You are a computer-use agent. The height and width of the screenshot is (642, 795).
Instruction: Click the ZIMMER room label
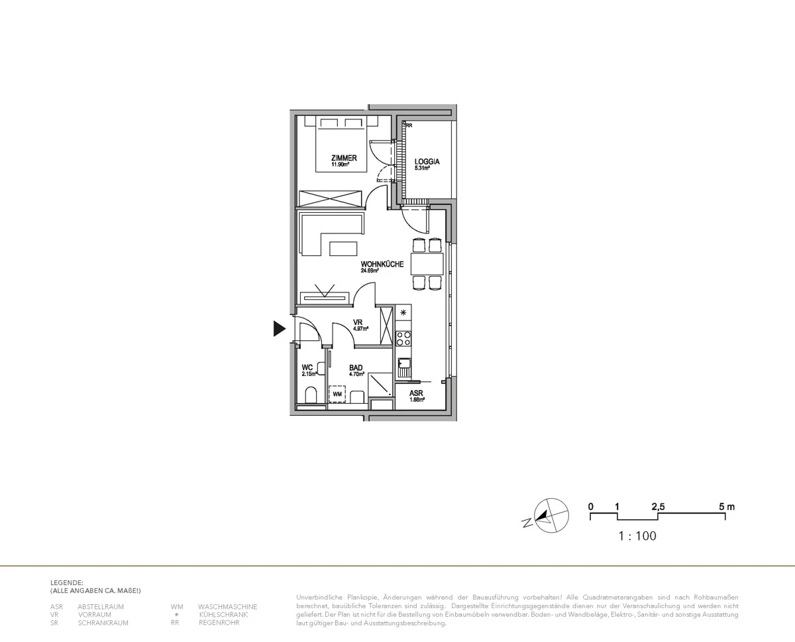[344, 158]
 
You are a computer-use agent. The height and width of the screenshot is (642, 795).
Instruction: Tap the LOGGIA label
[427, 162]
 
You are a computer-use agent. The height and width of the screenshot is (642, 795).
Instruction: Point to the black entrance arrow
[280, 328]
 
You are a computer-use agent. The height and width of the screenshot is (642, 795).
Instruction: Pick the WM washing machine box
[338, 395]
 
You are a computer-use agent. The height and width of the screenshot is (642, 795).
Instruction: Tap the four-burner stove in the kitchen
[403, 339]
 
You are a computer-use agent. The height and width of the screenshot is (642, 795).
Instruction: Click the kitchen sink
[403, 363]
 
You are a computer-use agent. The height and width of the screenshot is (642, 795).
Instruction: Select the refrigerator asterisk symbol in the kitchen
[403, 312]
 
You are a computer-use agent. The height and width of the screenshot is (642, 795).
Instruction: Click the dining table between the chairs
[427, 264]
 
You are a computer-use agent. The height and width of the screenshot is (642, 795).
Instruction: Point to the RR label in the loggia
[409, 125]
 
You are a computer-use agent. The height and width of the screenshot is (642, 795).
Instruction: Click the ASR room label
[416, 393]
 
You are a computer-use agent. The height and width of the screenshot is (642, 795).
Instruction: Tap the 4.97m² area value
[360, 328]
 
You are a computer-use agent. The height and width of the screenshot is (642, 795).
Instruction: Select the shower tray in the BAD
[380, 383]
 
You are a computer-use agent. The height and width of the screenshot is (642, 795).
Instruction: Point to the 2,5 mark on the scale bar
[658, 507]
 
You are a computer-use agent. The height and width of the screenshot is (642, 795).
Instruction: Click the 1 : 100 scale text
[637, 536]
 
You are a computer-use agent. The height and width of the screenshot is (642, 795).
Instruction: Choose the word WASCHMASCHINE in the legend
[227, 606]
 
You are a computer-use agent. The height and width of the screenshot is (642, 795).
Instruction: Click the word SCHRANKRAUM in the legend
[103, 623]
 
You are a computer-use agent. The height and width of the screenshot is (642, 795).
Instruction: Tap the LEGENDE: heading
[67, 582]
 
